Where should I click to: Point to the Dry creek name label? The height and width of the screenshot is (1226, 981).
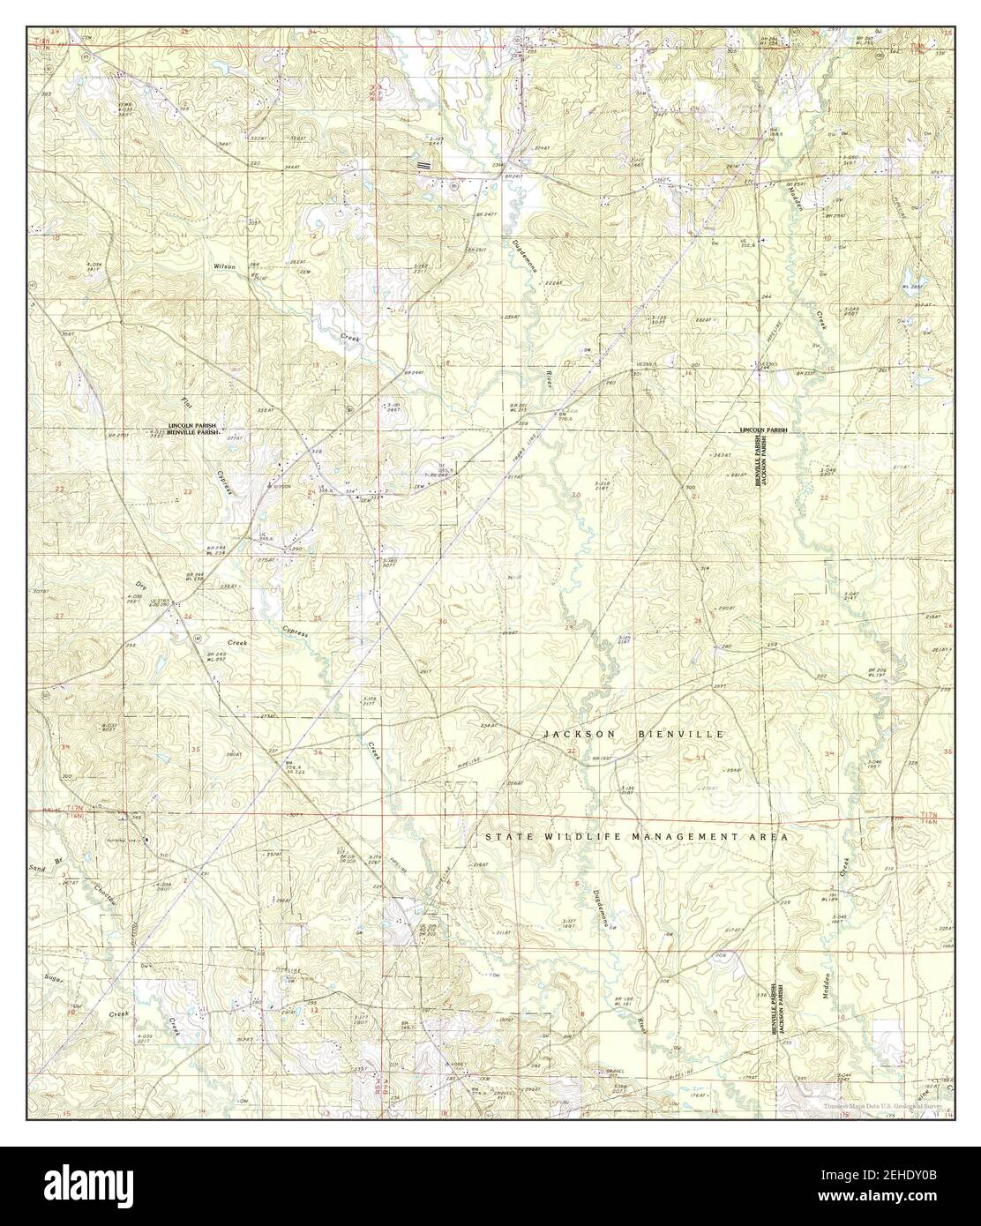click(139, 586)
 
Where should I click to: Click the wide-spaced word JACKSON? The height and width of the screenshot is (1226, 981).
click(579, 734)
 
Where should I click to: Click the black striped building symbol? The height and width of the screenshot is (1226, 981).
click(424, 164)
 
